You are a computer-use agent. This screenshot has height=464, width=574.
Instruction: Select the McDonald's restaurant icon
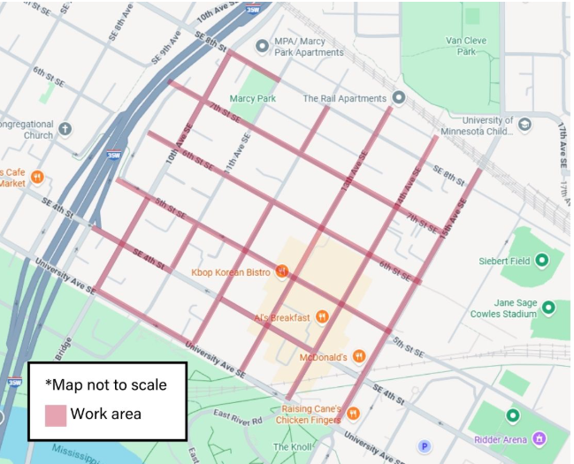pos(359,357)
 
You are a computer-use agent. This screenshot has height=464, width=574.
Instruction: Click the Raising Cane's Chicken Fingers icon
pos(354,413)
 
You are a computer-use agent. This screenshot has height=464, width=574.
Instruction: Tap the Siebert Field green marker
pos(542,261)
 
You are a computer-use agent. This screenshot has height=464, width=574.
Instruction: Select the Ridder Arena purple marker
pos(538,439)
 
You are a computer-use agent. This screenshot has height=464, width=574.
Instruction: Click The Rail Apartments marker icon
pos(399,98)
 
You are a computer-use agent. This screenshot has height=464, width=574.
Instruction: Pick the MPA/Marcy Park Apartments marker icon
pos(262,46)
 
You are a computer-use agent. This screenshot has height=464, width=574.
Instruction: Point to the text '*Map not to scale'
pos(105,385)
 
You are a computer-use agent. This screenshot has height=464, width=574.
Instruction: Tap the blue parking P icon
pos(424,447)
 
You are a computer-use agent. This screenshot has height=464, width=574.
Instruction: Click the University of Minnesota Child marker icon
pos(525,125)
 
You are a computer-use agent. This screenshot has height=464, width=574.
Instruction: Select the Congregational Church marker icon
pos(65,129)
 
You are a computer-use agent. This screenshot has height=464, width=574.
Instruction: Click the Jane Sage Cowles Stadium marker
pos(548,308)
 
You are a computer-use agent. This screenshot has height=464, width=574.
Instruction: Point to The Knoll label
pos(292,447)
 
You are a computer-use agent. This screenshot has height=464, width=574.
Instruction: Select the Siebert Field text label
pos(502,262)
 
